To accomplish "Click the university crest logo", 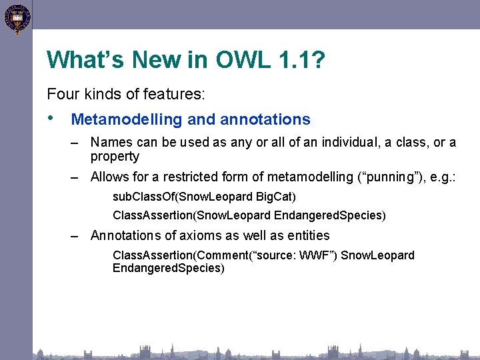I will pyautogui.click(x=16, y=19).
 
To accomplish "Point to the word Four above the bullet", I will pyautogui.click(x=63, y=95).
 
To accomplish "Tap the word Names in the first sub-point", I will pyautogui.click(x=110, y=142).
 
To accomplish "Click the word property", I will pyautogui.click(x=115, y=157).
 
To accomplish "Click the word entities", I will pyautogui.click(x=305, y=235).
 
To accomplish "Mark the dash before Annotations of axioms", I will pyautogui.click(x=77, y=235).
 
